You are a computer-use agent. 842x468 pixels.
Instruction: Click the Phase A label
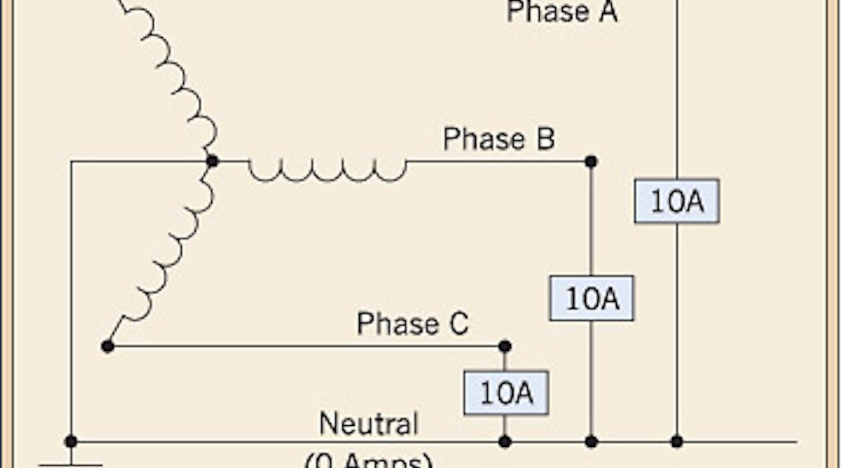pos(562,12)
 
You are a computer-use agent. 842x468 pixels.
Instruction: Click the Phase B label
pos(499,138)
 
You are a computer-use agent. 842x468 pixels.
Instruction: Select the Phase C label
pos(412,323)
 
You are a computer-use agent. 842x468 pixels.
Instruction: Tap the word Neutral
pos(368,423)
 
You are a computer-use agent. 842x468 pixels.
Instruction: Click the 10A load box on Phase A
pos(676,201)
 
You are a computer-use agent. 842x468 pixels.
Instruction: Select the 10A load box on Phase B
pos(591,298)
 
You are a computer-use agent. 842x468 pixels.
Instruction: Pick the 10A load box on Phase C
pos(505,393)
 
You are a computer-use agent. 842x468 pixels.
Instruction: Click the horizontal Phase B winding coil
pos(328,168)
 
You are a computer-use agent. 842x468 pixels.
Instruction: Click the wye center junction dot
pos(212,161)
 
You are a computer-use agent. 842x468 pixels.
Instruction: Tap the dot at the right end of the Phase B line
pos(591,161)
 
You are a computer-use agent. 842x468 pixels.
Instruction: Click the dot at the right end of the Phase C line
pos(504,346)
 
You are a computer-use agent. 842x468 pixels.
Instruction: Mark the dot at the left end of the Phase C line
pos(107,346)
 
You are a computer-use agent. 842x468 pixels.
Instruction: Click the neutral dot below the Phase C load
pos(504,441)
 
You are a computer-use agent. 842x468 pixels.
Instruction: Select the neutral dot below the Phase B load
pos(591,441)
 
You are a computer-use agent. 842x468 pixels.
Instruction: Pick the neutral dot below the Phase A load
pos(676,441)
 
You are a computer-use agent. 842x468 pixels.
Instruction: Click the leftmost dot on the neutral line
pos(71,441)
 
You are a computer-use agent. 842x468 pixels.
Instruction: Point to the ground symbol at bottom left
pos(71,463)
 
